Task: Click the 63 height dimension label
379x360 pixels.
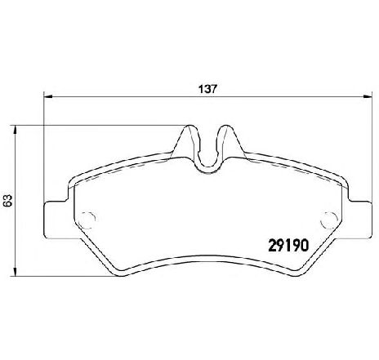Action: pos(8,200)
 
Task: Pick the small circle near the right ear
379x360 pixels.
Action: pos(331,218)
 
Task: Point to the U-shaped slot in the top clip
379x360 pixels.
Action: pos(210,147)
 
